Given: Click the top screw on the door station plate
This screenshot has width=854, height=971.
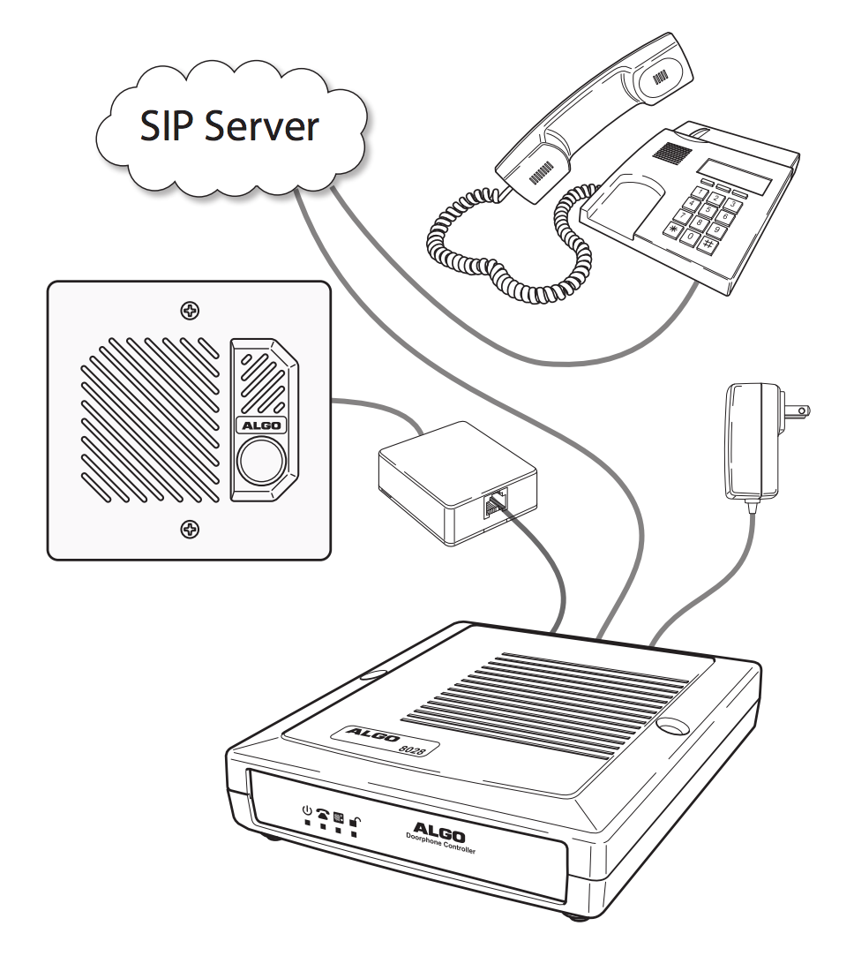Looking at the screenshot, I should [189, 311].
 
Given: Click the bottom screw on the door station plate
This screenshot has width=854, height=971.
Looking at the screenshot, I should [189, 529].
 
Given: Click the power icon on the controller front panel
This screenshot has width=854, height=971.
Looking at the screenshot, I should [307, 809].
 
